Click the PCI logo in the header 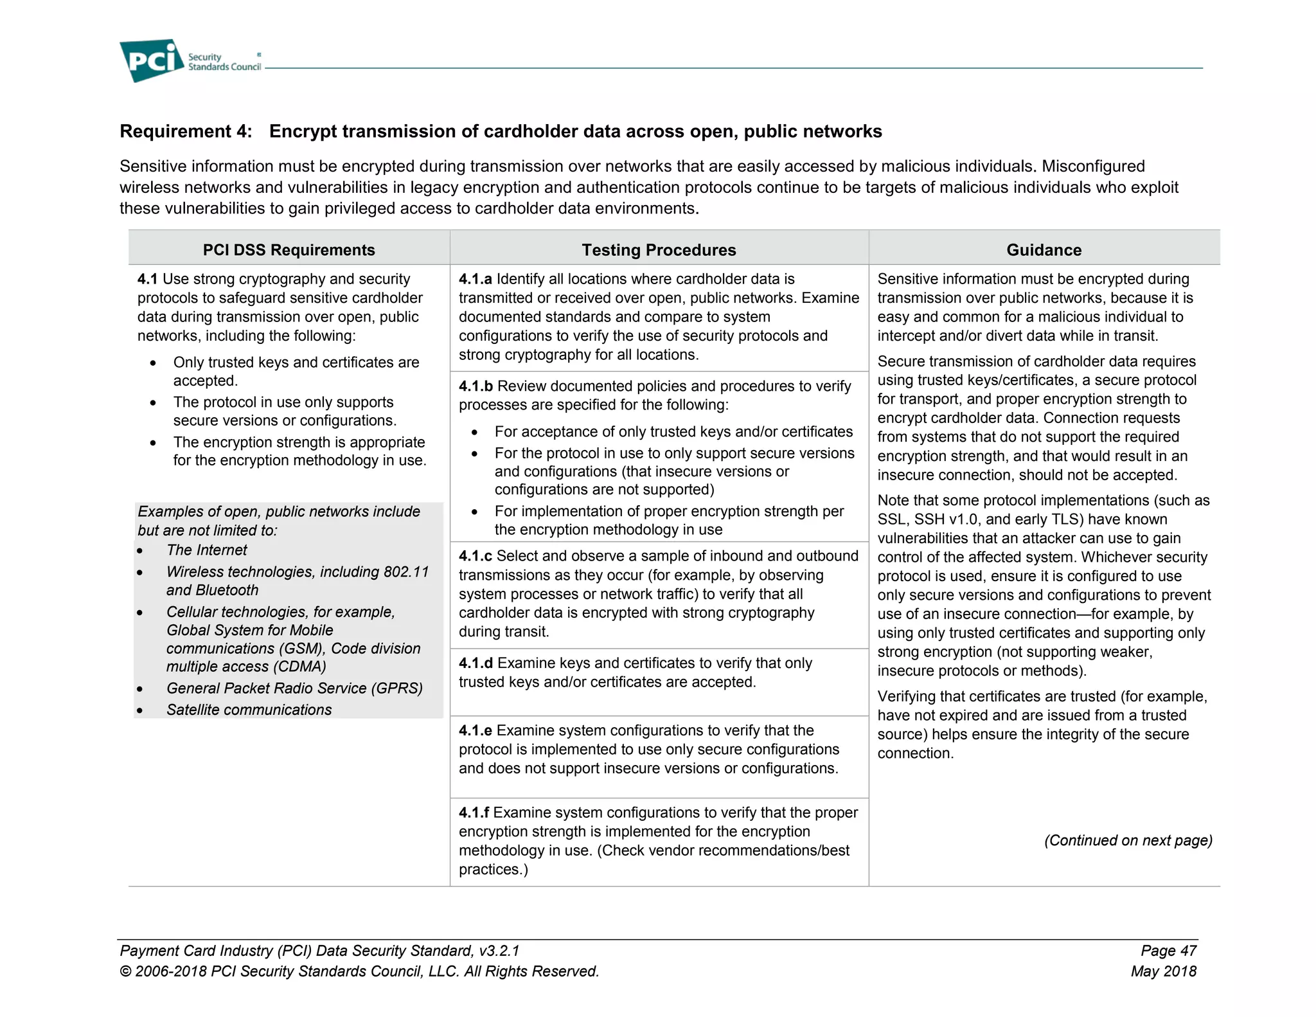152,60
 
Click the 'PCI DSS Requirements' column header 289,249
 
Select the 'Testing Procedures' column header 659,249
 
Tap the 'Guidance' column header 1044,249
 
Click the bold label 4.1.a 475,279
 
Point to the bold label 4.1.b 476,386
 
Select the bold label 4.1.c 475,555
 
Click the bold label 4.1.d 476,663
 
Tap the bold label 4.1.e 475,730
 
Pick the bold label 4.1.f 473,813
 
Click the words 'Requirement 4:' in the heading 186,131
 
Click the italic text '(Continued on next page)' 1128,840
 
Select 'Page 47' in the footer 1168,950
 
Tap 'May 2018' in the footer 1163,971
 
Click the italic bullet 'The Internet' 206,550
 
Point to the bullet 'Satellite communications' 249,710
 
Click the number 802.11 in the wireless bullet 405,571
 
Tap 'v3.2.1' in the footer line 499,950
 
